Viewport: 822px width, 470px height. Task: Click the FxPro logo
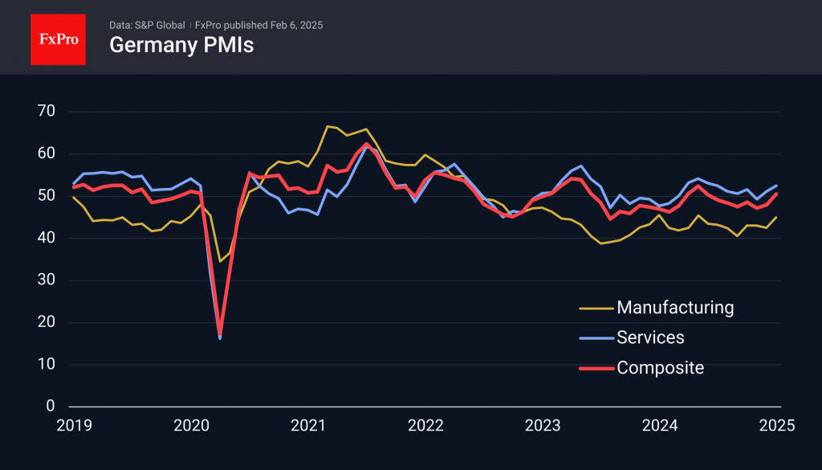pyautogui.click(x=57, y=38)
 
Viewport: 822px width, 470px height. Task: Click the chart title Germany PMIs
pyautogui.click(x=181, y=45)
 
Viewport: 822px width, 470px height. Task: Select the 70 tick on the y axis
pyautogui.click(x=45, y=111)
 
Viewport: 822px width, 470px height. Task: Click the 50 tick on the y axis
pyautogui.click(x=45, y=196)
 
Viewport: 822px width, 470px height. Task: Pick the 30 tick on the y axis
pyautogui.click(x=45, y=280)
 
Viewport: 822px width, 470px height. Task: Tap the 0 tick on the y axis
pyautogui.click(x=49, y=407)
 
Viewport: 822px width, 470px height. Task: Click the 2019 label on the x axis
pyautogui.click(x=74, y=426)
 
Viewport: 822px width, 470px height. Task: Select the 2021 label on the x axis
pyautogui.click(x=308, y=426)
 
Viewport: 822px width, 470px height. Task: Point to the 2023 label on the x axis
pyautogui.click(x=543, y=426)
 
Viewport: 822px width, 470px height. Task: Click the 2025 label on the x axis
pyautogui.click(x=776, y=426)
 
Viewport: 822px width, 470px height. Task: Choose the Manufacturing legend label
pyautogui.click(x=675, y=307)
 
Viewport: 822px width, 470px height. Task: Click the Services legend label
pyautogui.click(x=650, y=337)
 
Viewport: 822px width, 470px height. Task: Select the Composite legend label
pyautogui.click(x=660, y=368)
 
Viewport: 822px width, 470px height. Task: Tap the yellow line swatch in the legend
pyautogui.click(x=596, y=308)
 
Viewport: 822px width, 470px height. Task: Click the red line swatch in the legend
pyautogui.click(x=596, y=369)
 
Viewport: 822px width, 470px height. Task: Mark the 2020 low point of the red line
pyautogui.click(x=220, y=333)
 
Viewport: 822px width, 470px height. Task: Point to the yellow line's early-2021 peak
pyautogui.click(x=328, y=126)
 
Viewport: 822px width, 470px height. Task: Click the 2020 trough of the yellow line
pyautogui.click(x=220, y=261)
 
